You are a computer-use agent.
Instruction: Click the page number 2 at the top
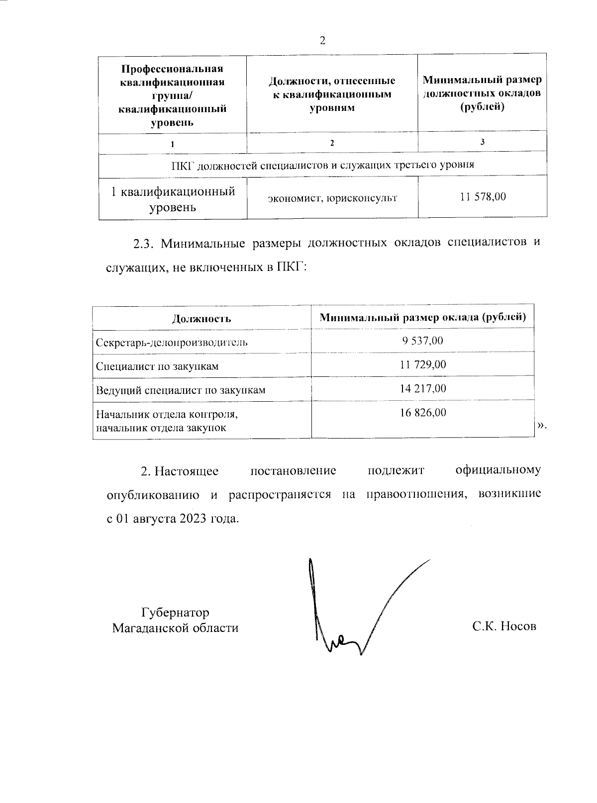[322, 41]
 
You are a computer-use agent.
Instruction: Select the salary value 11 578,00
[483, 197]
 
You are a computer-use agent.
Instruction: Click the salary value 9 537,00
[422, 341]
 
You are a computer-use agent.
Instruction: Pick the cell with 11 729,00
[423, 364]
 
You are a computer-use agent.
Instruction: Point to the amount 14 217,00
[423, 388]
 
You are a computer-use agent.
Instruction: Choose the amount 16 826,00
[423, 412]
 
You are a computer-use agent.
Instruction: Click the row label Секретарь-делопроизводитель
[172, 343]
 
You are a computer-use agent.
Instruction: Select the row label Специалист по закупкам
[157, 366]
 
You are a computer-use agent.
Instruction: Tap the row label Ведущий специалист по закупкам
[181, 390]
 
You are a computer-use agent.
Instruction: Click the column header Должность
[201, 319]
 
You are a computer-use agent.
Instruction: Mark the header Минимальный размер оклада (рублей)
[423, 317]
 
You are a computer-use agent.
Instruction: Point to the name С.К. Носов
[504, 626]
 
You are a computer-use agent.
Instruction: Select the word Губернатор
[175, 612]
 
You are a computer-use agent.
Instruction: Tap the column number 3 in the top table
[483, 142]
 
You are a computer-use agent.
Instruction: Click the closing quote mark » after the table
[541, 426]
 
